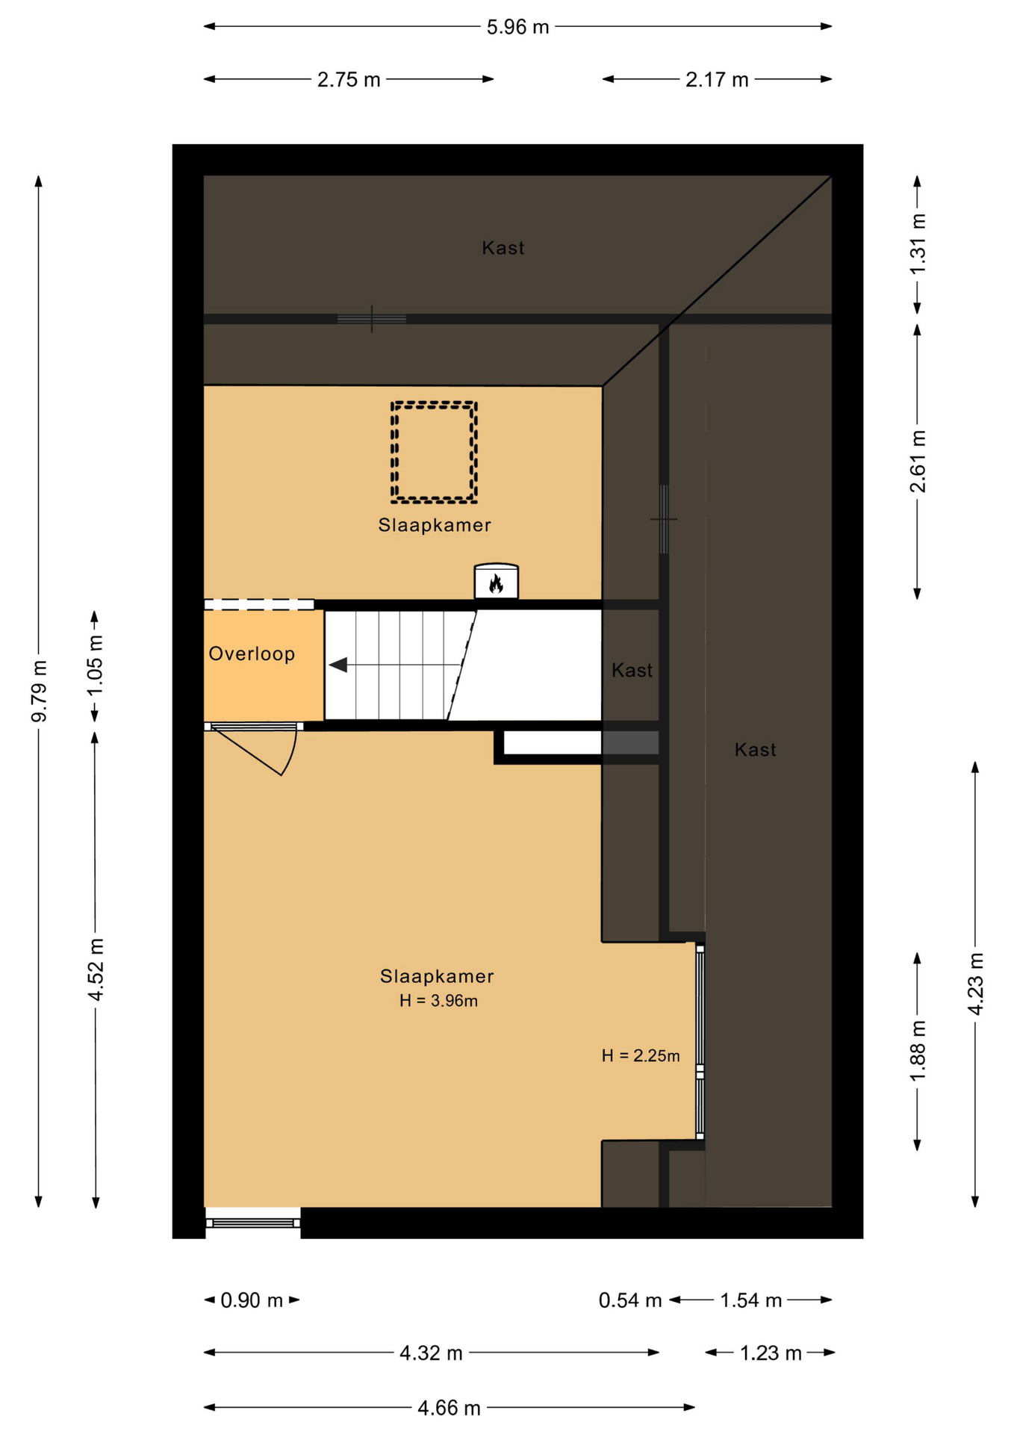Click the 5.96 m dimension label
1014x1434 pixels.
point(517,27)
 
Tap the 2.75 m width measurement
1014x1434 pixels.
point(349,79)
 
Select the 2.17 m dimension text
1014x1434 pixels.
point(717,79)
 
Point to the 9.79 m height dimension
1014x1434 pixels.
point(39,691)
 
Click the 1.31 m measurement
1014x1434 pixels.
point(918,243)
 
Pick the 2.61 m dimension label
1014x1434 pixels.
point(918,461)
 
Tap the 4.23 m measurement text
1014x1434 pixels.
point(975,983)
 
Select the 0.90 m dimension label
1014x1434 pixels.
point(252,1300)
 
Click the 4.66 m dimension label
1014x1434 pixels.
point(449,1408)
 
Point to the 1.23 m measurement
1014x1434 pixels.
point(771,1353)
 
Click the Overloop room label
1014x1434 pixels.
point(252,654)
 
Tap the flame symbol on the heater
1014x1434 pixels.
point(496,583)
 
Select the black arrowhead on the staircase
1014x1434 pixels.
point(338,665)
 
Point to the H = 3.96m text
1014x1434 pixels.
point(438,1001)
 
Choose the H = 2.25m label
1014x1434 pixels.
point(641,1055)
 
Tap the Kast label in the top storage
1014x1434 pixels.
point(503,248)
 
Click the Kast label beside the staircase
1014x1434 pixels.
point(632,670)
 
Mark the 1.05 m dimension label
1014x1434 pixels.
point(96,665)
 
